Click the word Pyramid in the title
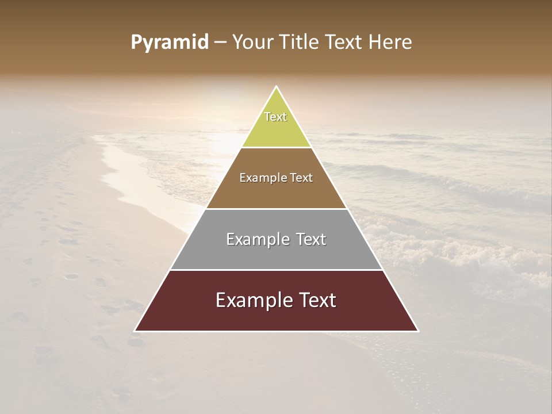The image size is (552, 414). coord(170,43)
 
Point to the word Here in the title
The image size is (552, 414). coord(390,43)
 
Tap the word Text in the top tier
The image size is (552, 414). coord(275,117)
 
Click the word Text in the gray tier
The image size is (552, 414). coord(311,239)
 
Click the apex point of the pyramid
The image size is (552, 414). coord(276,87)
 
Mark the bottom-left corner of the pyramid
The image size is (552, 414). coord(135,331)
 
